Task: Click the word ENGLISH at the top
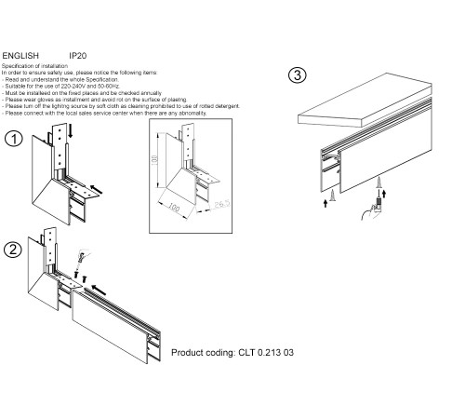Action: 20,56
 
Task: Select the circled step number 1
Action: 13,140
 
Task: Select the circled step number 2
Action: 12,249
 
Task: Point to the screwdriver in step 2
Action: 79,255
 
